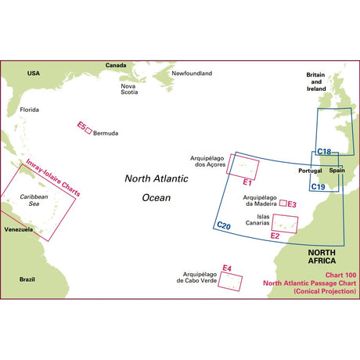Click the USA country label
pos(33,73)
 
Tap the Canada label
pos(115,65)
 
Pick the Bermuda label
pos(106,133)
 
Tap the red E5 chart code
pos(81,125)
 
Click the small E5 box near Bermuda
pos(88,131)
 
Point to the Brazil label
pos(28,279)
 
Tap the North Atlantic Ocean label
pos(157,188)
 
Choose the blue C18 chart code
pos(324,152)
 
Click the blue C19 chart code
pos(319,186)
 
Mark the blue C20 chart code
pos(223,226)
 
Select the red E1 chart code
pos(245,182)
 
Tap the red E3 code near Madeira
pos(291,204)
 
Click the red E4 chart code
pos(227,269)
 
